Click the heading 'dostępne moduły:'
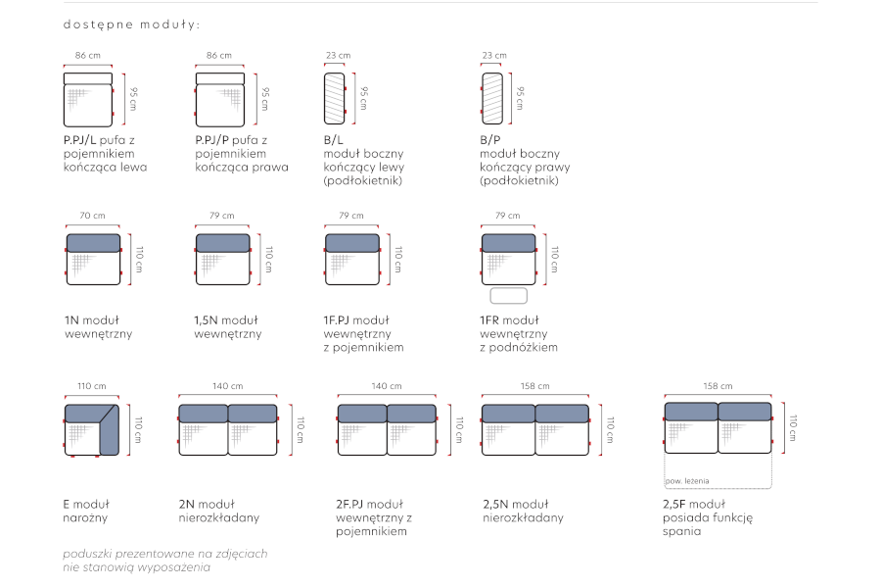(131, 24)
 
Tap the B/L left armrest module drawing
(335, 98)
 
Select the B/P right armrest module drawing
(492, 98)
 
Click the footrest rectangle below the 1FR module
(508, 295)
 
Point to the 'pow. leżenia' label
(687, 481)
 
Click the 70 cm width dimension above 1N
(93, 216)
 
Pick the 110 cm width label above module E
(92, 386)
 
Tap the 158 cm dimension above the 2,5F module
(719, 386)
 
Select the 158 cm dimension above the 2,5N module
(534, 386)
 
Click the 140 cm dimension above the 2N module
(227, 386)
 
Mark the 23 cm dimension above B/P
(494, 55)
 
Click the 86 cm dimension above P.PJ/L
(88, 55)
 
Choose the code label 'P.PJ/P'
(211, 140)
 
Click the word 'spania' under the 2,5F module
(682, 531)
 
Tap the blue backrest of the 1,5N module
(222, 243)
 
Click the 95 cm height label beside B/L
(363, 98)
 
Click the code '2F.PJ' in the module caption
(350, 504)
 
